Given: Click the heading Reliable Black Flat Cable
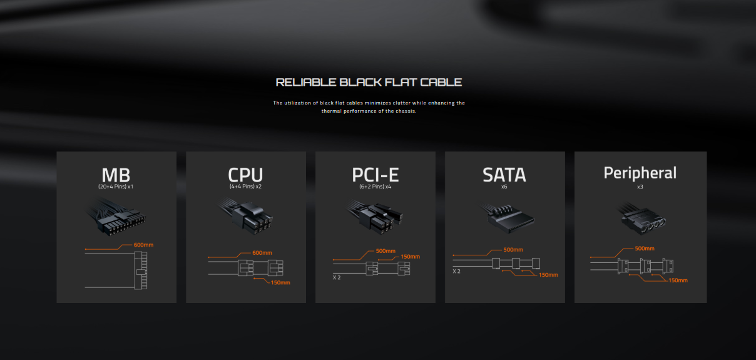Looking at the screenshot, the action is [369, 83].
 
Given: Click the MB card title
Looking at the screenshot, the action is [116, 175].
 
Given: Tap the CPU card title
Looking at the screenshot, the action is [245, 175].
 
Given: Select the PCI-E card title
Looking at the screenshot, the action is [375, 175].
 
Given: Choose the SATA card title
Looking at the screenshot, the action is [504, 175].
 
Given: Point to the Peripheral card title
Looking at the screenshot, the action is [640, 173].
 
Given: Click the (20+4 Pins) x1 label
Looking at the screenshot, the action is [116, 187].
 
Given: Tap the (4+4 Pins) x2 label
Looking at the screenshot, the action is [245, 187].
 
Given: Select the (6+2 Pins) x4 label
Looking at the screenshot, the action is [375, 187].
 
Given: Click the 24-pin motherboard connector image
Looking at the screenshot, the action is [116, 217].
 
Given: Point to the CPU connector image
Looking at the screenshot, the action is [246, 216].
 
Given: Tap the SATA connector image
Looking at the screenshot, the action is [507, 218].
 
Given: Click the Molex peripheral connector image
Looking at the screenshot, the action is [641, 218].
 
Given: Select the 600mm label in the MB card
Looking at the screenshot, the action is [143, 245].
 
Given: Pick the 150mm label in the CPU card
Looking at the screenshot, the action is [280, 282].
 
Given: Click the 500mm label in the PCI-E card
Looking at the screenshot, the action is [386, 251].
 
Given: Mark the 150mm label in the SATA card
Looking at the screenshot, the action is [548, 275].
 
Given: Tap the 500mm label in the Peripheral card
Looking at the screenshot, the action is [644, 249].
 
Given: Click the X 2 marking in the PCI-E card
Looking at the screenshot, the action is [337, 277].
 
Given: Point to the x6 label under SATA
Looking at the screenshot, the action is [504, 187].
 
